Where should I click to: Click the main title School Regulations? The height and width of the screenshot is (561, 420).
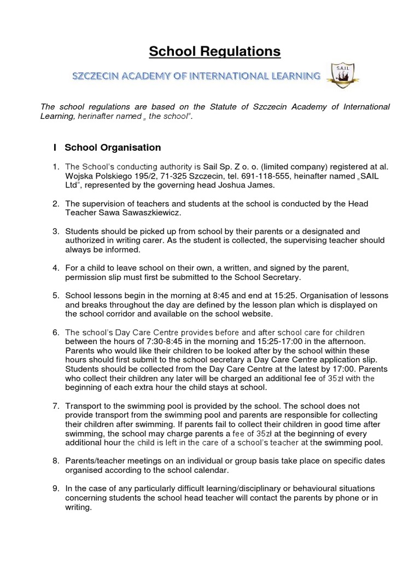point(215,51)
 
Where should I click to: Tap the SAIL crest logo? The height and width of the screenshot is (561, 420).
point(342,75)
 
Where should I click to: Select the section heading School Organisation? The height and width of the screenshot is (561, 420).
point(113,147)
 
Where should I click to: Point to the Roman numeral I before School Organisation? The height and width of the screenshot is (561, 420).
point(55,147)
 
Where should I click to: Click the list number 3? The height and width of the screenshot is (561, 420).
point(55,231)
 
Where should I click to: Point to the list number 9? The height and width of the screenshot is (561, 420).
point(55,488)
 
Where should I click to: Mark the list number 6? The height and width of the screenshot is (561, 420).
point(55,333)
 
